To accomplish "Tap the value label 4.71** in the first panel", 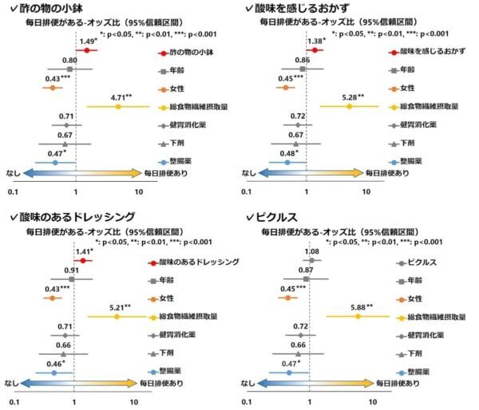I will tap(119, 97).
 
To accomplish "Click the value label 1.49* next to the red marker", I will tap(87, 41).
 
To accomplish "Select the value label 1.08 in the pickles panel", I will tap(313, 251).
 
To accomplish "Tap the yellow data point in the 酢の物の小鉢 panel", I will tap(118, 106).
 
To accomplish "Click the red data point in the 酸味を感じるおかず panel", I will tap(315, 50).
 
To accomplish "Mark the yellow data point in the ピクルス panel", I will tap(358, 316).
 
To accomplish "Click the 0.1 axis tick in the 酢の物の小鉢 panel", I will tap(13, 192).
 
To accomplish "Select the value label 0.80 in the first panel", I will tap(69, 61).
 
